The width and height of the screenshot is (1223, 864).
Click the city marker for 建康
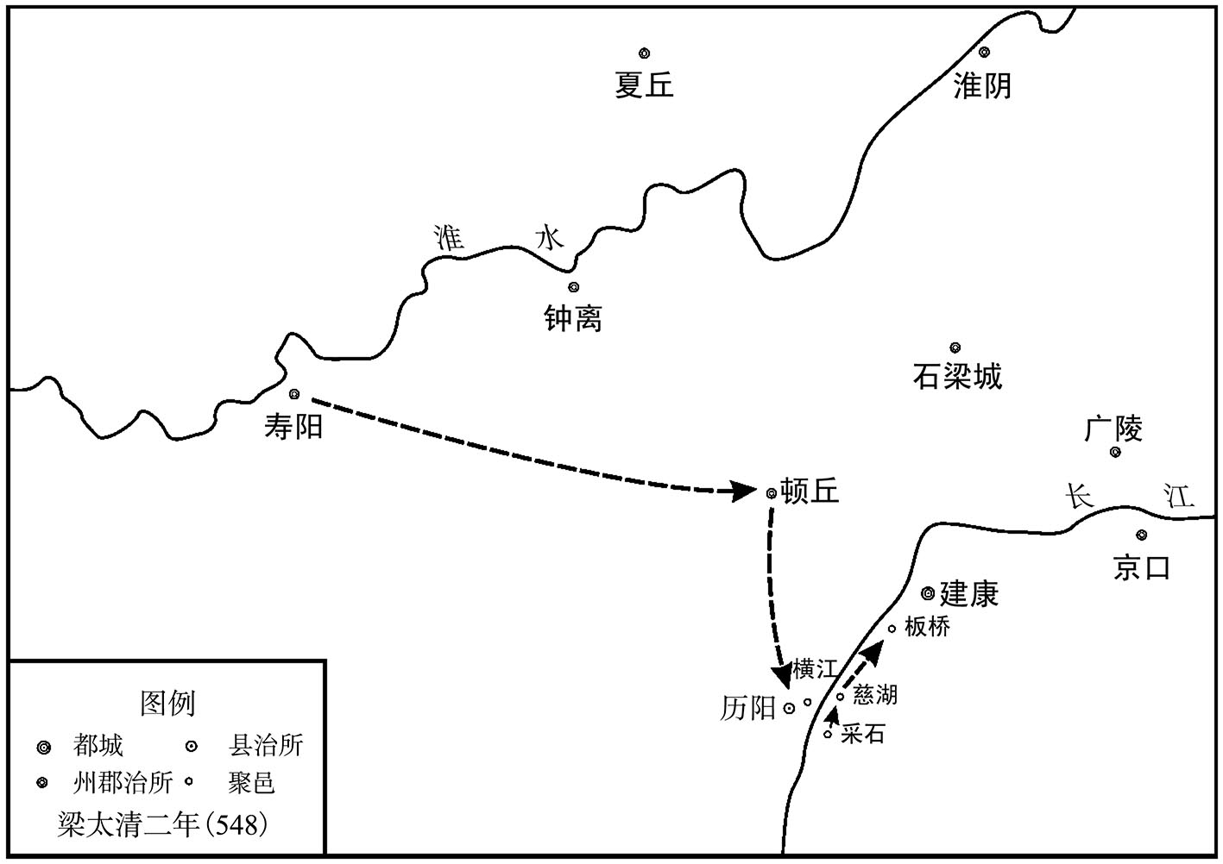click(x=928, y=593)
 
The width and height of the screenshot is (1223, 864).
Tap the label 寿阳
click(x=293, y=427)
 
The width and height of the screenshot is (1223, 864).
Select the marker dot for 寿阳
click(x=294, y=394)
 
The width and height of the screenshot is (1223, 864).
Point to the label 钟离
click(x=573, y=318)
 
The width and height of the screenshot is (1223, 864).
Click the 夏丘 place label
click(x=644, y=85)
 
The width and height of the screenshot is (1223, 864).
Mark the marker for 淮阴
click(x=985, y=53)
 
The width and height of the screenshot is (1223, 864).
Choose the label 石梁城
click(x=958, y=376)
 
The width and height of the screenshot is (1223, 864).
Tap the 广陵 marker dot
click(x=1115, y=452)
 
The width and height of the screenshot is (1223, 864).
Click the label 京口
click(x=1141, y=568)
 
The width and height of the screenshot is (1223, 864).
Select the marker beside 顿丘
click(x=772, y=493)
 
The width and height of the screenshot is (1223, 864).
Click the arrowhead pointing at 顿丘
click(x=744, y=491)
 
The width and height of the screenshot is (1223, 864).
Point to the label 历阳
click(x=748, y=709)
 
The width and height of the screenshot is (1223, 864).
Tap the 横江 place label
click(x=815, y=669)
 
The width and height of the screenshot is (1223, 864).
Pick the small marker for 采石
click(x=828, y=735)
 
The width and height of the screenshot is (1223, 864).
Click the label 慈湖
click(x=875, y=695)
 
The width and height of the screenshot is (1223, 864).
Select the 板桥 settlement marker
click(x=892, y=629)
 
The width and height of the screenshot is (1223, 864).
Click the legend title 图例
click(x=167, y=703)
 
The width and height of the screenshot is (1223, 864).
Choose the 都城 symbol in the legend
click(x=44, y=748)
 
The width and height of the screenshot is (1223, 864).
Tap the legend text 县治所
click(x=265, y=745)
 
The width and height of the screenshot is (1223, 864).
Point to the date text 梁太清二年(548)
click(x=162, y=824)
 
